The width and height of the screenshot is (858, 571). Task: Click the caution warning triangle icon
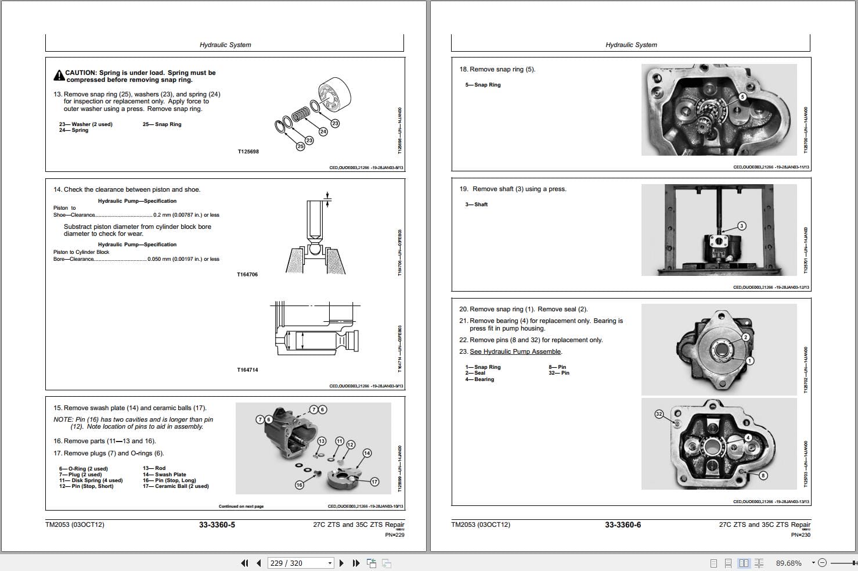point(59,76)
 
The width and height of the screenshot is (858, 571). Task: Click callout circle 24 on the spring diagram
point(323,132)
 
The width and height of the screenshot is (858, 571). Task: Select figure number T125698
point(248,152)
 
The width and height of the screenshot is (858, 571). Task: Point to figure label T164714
point(247,370)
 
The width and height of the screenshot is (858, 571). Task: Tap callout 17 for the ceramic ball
point(374,482)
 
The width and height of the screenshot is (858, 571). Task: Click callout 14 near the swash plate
point(367,453)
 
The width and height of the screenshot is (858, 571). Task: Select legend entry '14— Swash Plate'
point(164,475)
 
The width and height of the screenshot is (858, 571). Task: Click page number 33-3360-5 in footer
point(217,525)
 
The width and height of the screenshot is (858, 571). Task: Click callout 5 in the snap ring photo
point(742,96)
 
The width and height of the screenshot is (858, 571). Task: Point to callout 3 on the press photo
point(741,225)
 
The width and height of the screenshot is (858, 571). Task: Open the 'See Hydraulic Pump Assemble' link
point(515,351)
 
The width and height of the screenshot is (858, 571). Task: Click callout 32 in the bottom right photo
point(659,414)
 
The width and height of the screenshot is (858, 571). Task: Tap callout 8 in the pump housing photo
point(763,476)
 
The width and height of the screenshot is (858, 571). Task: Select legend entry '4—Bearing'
point(480,379)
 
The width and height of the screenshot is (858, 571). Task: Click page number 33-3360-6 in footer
point(622,525)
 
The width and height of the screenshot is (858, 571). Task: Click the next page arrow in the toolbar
point(341,563)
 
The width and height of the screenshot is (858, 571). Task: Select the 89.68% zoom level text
point(788,563)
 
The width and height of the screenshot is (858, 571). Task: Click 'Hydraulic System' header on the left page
point(225,45)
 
